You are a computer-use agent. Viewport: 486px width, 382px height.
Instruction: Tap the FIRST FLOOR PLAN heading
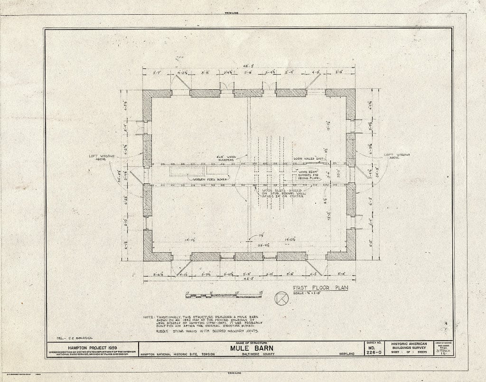click(317, 287)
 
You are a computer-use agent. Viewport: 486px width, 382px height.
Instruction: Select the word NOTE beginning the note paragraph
click(149, 317)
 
